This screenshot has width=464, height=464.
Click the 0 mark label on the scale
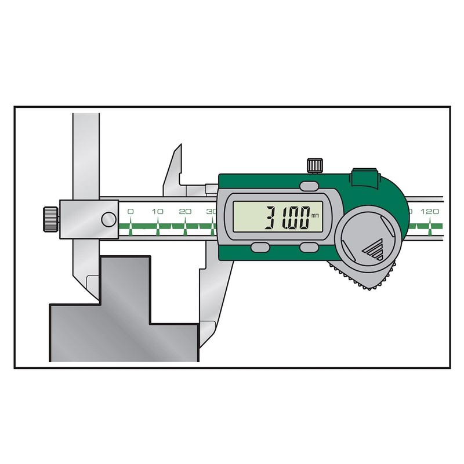130,212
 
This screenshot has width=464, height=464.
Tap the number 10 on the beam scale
157,212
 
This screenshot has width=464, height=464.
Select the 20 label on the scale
185,212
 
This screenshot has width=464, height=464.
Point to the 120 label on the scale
430,212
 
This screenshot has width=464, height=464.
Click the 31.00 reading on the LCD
286,219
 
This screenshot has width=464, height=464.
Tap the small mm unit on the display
315,216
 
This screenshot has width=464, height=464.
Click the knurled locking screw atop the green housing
314,165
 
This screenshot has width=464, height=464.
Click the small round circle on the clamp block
108,219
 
